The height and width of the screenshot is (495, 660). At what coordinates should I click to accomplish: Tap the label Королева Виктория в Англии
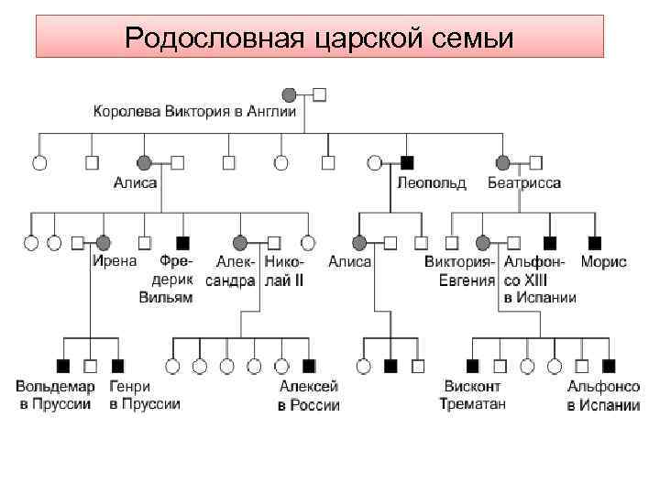pos(195,112)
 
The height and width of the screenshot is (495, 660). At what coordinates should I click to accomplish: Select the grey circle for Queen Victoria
pos(290,93)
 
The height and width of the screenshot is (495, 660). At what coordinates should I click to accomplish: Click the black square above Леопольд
pos(407,162)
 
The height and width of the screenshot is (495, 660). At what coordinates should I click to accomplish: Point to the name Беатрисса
pos(524,182)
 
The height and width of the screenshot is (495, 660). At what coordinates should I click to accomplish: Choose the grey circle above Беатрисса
pos(503,162)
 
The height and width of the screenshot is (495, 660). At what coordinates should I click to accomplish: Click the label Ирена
pos(115,261)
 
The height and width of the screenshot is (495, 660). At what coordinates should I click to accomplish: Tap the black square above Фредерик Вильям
pos(182,243)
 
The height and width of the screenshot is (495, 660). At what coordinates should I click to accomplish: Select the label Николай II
pos(284,270)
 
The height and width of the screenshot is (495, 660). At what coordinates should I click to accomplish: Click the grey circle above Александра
pos(240,243)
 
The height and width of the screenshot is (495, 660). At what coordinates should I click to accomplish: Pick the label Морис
pos(604,261)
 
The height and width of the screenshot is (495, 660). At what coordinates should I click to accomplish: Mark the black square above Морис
pos(595,243)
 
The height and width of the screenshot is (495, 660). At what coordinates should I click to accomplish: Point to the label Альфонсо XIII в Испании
pos(539,280)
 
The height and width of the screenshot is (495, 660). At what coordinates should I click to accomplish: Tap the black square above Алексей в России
pos(309,366)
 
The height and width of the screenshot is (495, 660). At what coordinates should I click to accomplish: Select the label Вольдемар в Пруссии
pos(55,394)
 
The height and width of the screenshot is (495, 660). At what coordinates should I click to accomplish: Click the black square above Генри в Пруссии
pos(116,366)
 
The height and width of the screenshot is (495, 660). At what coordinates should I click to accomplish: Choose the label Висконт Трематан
pos(472,394)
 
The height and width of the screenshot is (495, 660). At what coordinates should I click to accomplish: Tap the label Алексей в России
pos(309,395)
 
